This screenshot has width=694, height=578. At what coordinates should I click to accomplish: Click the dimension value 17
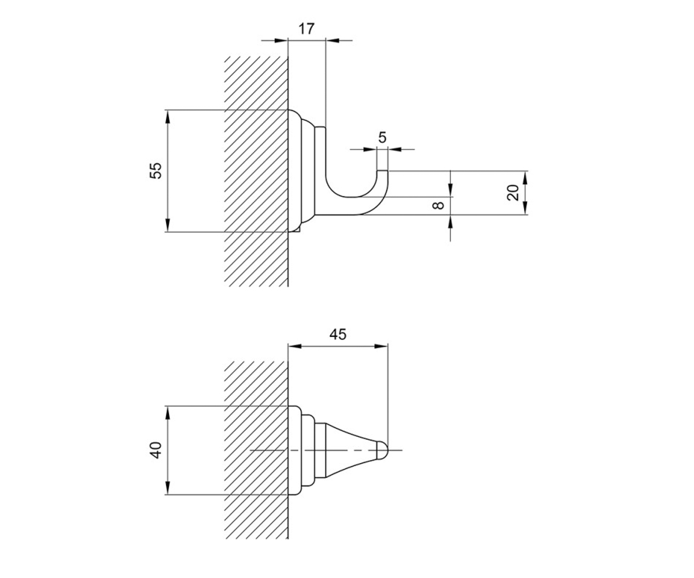pyautogui.click(x=306, y=28)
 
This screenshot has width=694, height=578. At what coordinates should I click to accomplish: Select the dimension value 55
pyautogui.click(x=156, y=171)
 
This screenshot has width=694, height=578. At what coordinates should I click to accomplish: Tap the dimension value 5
pyautogui.click(x=382, y=137)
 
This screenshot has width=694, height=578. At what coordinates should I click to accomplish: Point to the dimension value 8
pyautogui.click(x=438, y=206)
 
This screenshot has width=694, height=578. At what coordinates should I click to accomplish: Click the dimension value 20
pyautogui.click(x=513, y=192)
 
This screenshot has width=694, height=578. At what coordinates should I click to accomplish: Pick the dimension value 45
pyautogui.click(x=338, y=335)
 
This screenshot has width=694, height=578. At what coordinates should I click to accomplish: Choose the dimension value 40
pyautogui.click(x=156, y=450)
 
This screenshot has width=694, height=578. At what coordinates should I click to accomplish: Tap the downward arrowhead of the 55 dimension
pyautogui.click(x=168, y=225)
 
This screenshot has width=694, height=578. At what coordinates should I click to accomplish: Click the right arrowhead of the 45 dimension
pyautogui.click(x=381, y=346)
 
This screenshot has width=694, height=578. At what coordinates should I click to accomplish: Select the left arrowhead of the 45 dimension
pyautogui.click(x=295, y=346)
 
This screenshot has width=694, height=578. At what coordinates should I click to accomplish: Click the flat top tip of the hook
pyautogui.click(x=382, y=171)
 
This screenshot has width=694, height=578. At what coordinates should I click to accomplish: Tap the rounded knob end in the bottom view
pyautogui.click(x=382, y=450)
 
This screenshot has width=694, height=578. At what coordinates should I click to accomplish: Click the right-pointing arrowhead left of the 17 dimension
pyautogui.click(x=281, y=40)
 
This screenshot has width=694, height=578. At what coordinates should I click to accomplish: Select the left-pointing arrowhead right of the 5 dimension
pyautogui.click(x=394, y=150)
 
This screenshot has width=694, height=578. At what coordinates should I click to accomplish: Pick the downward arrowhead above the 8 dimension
pyautogui.click(x=451, y=191)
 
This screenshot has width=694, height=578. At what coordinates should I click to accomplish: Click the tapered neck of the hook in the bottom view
pyautogui.click(x=351, y=450)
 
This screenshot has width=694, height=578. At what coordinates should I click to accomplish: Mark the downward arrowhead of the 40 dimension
pyautogui.click(x=168, y=488)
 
